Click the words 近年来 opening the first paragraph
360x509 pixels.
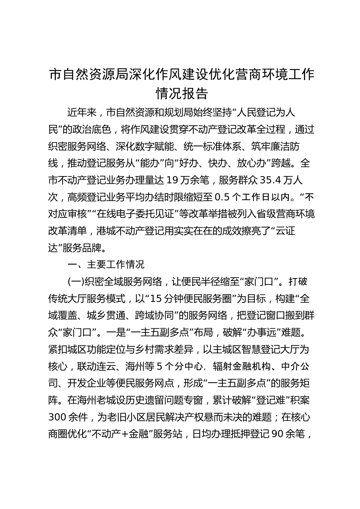coord(83,112)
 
